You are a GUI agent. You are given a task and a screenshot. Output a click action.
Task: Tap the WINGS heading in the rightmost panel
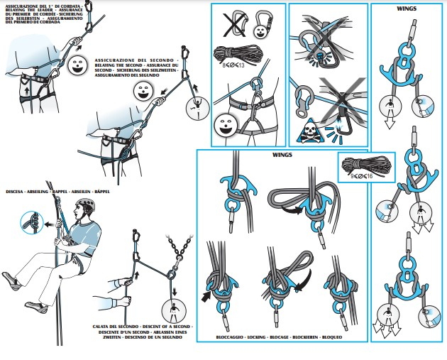click(x=407, y=11)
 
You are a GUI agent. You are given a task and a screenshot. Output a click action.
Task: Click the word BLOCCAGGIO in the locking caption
click(x=234, y=336)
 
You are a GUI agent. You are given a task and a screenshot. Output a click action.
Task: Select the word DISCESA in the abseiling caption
click(x=16, y=192)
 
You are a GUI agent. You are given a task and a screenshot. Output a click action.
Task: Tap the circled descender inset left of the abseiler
click(x=31, y=222)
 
